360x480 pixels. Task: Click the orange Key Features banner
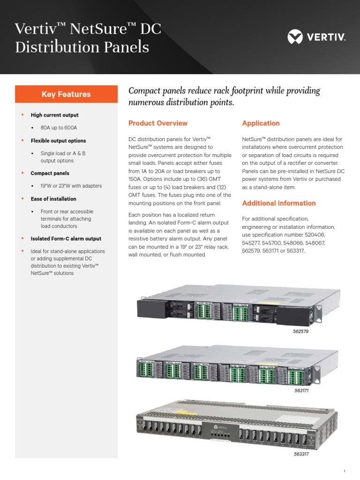(x=66, y=94)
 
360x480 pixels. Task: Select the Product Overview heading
(x=158, y=123)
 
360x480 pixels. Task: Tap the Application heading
(x=261, y=123)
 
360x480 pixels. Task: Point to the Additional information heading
(x=278, y=203)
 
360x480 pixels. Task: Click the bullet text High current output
(x=54, y=115)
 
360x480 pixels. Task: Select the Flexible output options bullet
(x=58, y=141)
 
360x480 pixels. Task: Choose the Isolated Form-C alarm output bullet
(x=66, y=239)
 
